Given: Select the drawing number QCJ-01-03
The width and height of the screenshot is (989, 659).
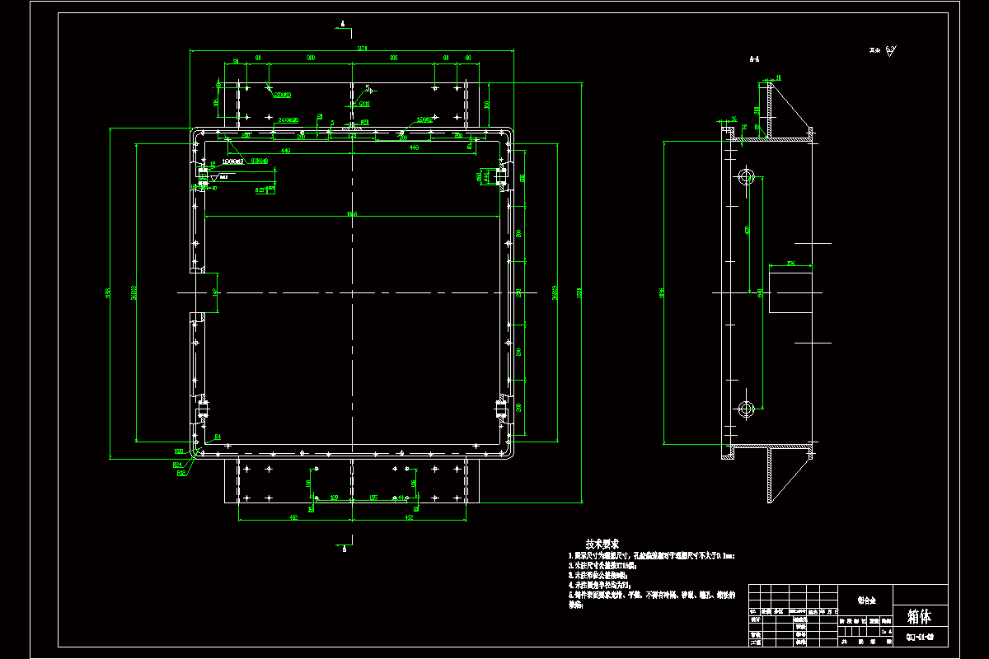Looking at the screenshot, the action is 919,637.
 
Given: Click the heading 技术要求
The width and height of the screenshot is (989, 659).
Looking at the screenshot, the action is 602,544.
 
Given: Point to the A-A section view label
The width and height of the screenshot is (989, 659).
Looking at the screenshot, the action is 753,59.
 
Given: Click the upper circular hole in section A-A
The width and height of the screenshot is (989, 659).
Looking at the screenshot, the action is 747,176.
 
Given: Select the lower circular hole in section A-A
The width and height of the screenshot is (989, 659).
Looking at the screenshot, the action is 747,408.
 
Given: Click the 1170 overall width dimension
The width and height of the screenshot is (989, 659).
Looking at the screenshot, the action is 361,49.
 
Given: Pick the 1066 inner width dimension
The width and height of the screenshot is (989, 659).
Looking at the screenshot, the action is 352,214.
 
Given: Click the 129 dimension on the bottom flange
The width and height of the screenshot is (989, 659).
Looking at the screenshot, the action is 334,498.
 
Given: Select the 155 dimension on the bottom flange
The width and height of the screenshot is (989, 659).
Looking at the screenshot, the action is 373,498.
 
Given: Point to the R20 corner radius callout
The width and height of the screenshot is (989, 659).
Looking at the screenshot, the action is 178,451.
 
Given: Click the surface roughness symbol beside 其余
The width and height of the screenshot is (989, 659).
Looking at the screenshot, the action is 893,50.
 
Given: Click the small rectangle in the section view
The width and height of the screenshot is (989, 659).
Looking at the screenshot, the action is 790,292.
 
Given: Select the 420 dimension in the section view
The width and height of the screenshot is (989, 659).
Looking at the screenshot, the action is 748,230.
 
